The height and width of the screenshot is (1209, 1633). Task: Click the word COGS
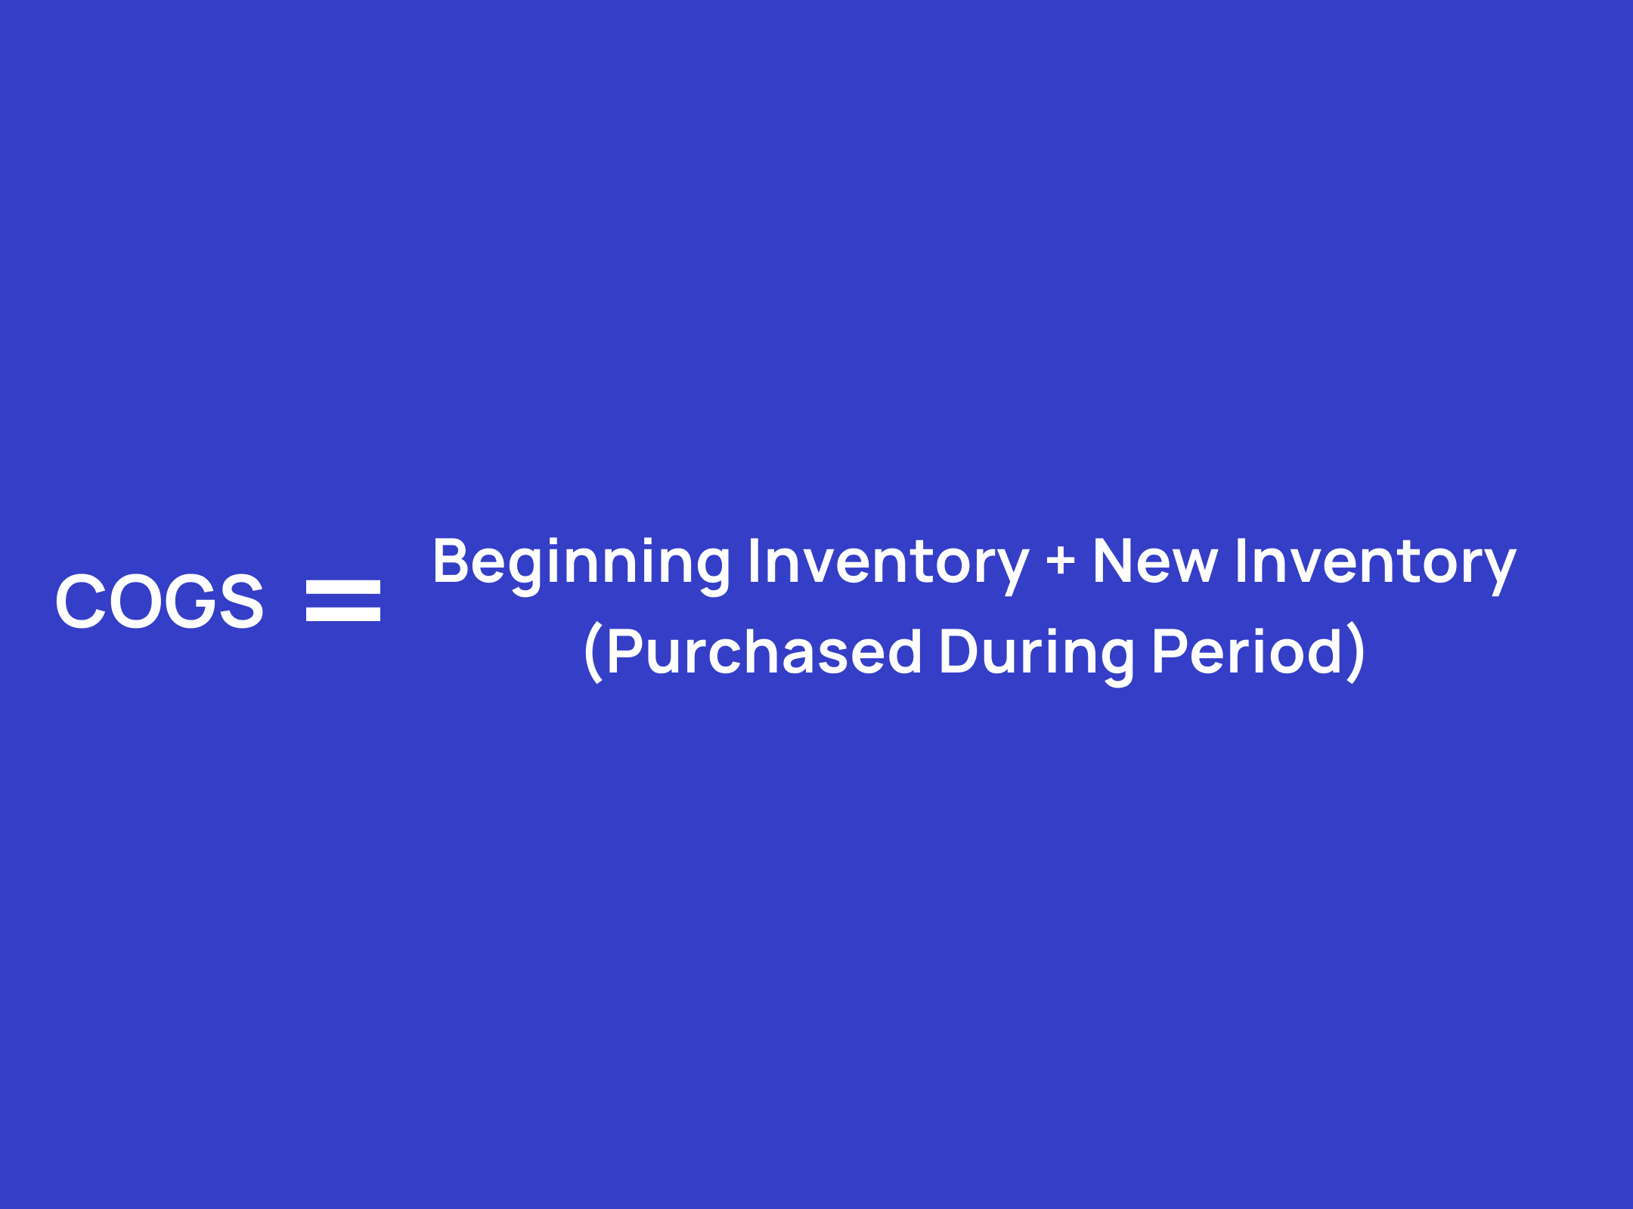click(x=160, y=601)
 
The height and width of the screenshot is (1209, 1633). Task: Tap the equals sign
click(x=343, y=601)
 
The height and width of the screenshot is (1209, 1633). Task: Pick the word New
click(x=1155, y=561)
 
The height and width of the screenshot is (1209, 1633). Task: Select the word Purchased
click(x=764, y=651)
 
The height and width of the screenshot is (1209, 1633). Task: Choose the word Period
click(x=1247, y=651)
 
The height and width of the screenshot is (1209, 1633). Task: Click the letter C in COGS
click(x=80, y=601)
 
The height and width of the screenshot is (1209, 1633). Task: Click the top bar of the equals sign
click(x=343, y=587)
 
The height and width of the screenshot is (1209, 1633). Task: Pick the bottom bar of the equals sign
click(x=343, y=614)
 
